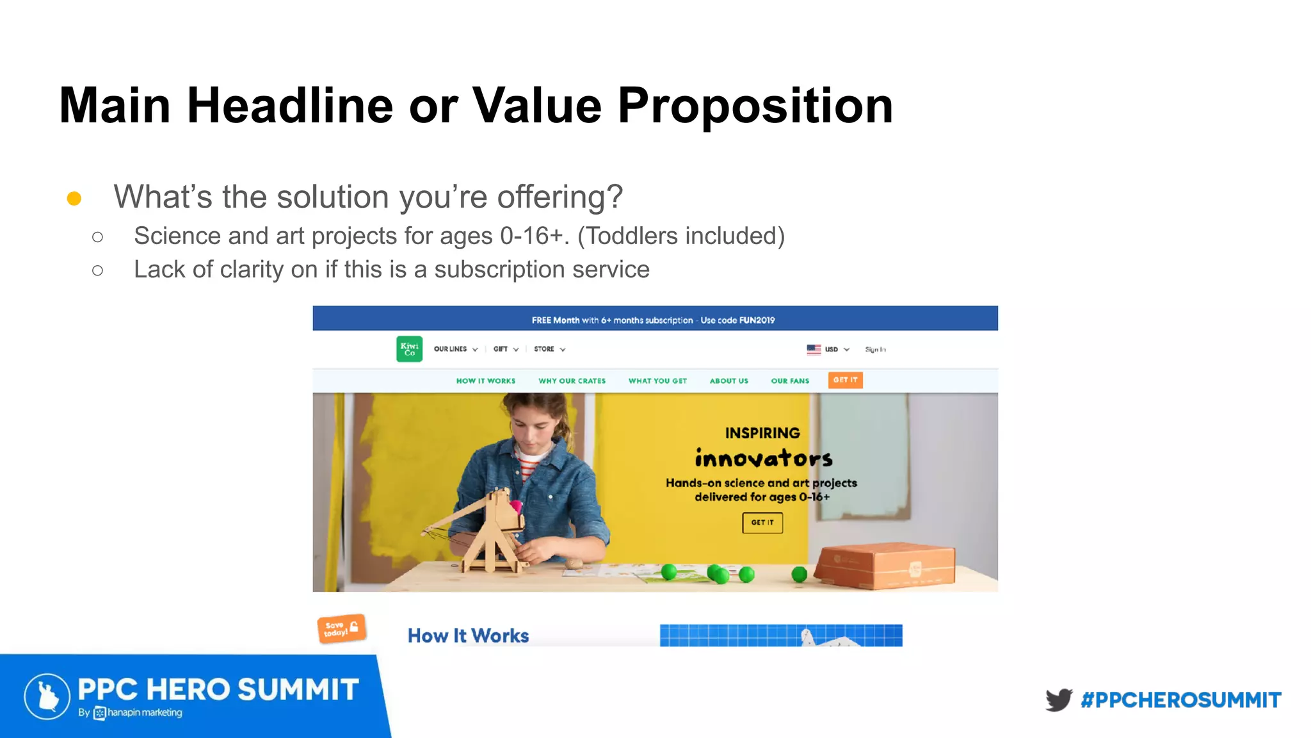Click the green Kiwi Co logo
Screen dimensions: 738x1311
click(409, 349)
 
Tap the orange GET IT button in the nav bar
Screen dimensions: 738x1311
click(845, 380)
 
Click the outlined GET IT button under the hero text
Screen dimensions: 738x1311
click(762, 523)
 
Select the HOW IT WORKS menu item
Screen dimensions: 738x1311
click(485, 381)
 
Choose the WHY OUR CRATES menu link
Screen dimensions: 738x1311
click(572, 381)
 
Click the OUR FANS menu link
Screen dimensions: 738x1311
click(790, 381)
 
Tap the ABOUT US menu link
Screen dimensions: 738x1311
click(728, 381)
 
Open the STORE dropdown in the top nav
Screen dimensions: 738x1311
click(549, 349)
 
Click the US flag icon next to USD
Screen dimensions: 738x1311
click(814, 349)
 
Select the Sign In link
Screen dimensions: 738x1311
click(875, 349)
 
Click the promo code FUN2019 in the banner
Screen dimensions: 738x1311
click(757, 320)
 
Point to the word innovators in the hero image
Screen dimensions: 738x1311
click(764, 459)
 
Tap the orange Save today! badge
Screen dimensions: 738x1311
click(341, 628)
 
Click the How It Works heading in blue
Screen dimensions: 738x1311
click(468, 635)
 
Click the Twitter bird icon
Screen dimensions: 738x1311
click(1059, 700)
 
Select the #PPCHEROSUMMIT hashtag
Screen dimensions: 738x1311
click(1181, 700)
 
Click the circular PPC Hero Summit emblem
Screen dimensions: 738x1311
click(47, 696)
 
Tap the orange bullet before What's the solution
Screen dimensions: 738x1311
click(74, 199)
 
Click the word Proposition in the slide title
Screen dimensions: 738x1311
click(755, 106)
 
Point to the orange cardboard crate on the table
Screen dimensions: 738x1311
click(887, 565)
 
